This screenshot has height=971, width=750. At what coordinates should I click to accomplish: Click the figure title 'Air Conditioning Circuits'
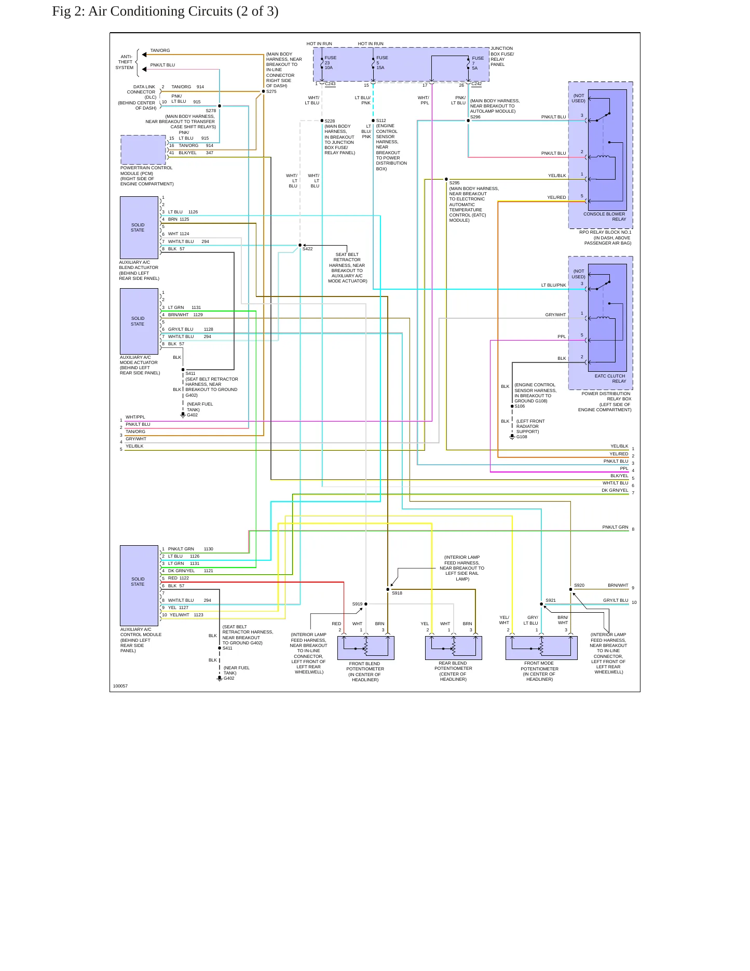pos(160,11)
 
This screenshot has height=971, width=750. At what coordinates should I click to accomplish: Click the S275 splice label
pos(271,91)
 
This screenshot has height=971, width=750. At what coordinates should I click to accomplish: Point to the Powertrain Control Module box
pos(143,150)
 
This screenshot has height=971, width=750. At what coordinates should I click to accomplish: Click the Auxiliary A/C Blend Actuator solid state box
pos(139,227)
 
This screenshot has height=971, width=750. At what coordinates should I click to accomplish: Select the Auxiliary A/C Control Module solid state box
pos(139,585)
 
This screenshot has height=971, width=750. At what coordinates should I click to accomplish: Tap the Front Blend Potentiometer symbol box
pos(366,648)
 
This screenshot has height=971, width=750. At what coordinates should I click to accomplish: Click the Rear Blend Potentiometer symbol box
pos(454,648)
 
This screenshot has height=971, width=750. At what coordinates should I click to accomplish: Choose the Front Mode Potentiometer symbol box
pos(541,648)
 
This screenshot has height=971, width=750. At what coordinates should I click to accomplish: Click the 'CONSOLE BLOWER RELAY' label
pos(605,217)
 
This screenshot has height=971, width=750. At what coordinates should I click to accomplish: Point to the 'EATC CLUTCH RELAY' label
pos(610,379)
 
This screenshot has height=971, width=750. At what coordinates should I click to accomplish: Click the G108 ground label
pos(522,437)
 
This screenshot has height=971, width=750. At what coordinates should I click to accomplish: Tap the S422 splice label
pos(307,249)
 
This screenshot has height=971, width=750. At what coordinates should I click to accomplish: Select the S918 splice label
pos(397,593)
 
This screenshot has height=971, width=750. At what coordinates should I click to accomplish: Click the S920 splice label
pos(579,585)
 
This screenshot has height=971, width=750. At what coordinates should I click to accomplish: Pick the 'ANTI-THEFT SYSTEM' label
pos(125,62)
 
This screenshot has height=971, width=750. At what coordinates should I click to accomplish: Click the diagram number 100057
pos(120,686)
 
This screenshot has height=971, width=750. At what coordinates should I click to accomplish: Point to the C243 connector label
pos(330,84)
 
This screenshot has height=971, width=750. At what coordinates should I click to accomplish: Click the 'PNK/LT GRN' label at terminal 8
pos(615,527)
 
